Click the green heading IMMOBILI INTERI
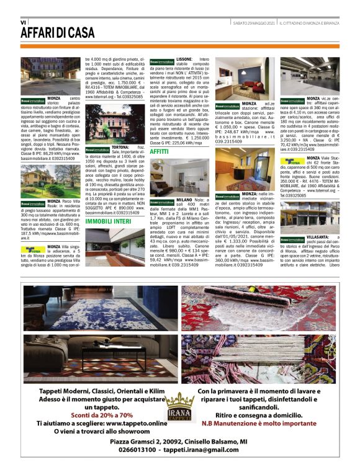(108, 220)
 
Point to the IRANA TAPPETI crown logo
(180, 406)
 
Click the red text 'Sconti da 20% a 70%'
(94, 414)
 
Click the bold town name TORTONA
(120, 148)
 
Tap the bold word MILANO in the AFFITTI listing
(184, 200)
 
